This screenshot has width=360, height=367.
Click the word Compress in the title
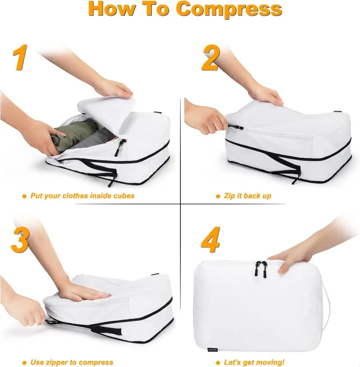(229, 10)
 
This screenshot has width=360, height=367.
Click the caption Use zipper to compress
(71, 362)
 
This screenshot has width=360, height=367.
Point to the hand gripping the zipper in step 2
(207, 118)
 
